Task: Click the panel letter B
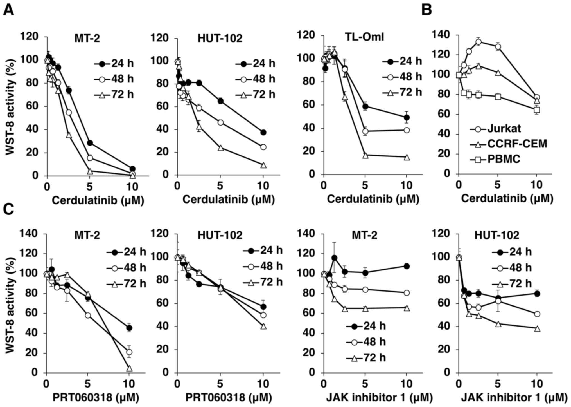point(427,10)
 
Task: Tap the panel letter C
point(8,210)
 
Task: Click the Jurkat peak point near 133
point(479,42)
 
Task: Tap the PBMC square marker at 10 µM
point(537,110)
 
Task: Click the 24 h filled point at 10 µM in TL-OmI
point(407,117)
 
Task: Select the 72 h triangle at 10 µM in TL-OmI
point(407,157)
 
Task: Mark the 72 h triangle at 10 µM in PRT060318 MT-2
point(129,368)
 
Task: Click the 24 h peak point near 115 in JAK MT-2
point(334,258)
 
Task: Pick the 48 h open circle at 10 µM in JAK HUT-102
point(537,314)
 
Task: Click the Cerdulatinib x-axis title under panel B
point(507,199)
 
